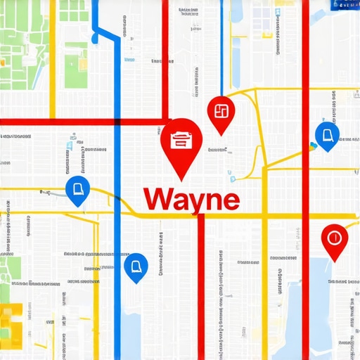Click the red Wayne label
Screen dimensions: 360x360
point(191,199)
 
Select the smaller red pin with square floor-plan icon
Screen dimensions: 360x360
point(220,111)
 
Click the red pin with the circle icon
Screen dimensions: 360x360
point(334,238)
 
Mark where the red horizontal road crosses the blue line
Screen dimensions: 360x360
point(117,122)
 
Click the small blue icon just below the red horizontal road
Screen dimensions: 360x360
point(69,145)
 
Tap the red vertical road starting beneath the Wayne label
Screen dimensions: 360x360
point(201,281)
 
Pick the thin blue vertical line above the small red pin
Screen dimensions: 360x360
point(222,42)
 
